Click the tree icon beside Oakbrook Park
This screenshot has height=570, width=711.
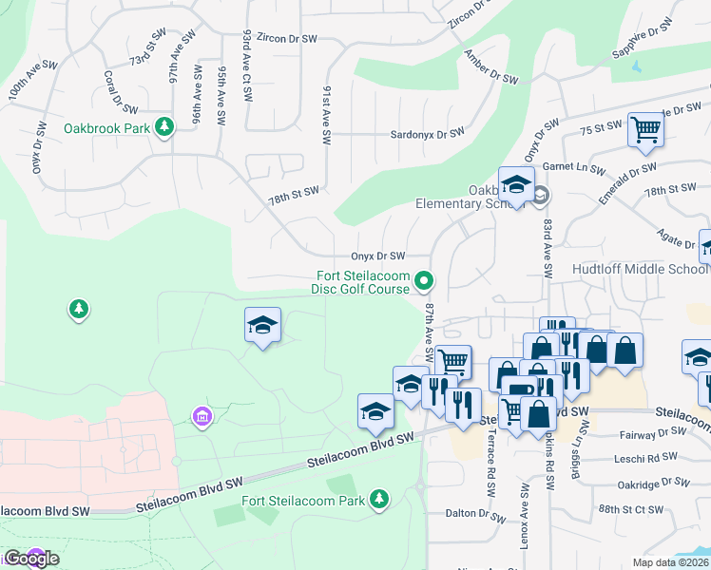coord(164,127)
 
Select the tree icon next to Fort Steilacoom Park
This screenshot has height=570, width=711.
coord(379,499)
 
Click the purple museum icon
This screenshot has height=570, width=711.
coord(201,416)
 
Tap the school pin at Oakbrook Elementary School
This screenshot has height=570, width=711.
coord(516,185)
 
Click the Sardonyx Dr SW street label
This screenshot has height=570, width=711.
coord(427,134)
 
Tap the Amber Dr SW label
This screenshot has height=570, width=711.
coord(491,66)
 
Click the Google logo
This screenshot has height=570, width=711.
coord(31,559)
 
